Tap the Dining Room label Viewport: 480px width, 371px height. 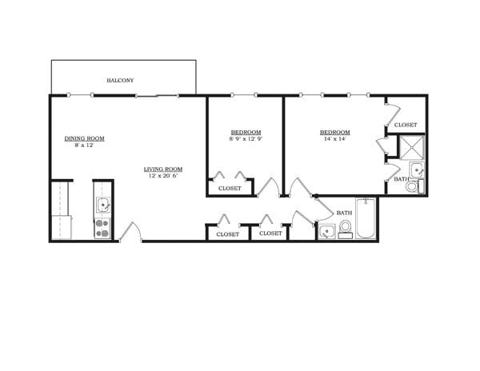coord(85,138)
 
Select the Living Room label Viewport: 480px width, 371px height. coord(163,169)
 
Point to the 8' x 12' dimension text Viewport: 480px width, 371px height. coord(85,146)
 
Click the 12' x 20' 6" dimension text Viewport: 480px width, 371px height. coord(163,176)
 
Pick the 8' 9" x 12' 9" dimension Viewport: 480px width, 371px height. coord(246,139)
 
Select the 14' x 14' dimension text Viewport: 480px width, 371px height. coord(334,139)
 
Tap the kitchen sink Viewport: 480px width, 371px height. coord(103,205)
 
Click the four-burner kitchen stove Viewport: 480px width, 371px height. coord(103,229)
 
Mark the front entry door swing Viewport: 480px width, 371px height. coord(130,232)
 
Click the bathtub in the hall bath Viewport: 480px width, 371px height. coord(366,220)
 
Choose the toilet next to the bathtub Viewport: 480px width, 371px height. coord(345,229)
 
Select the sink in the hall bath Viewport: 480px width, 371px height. coord(326,232)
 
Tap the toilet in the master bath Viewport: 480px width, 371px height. coord(412,187)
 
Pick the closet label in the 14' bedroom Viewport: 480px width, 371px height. coord(406,125)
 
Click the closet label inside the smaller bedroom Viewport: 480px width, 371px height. coord(230,189)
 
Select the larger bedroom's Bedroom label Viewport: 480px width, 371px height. coord(334,132)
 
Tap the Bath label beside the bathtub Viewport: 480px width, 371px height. coord(344,213)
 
